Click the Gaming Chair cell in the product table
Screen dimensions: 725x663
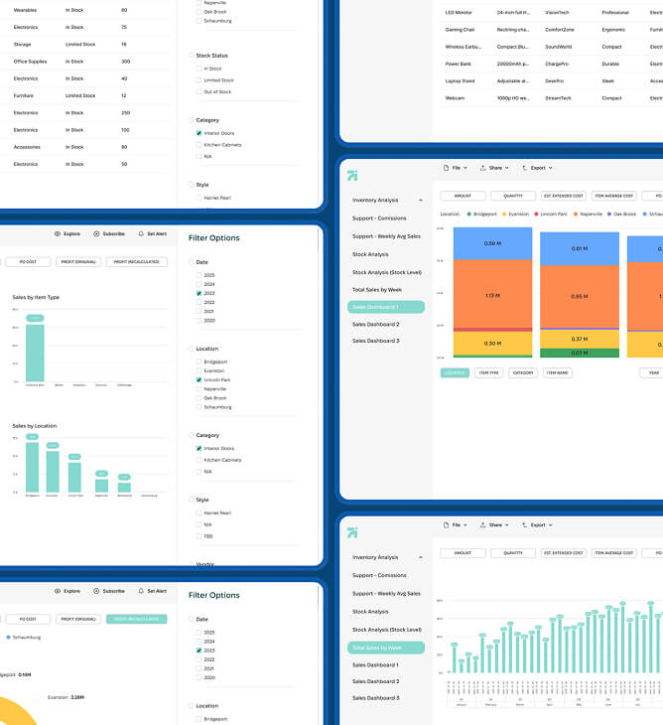click(x=460, y=30)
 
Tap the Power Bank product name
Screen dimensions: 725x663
click(x=458, y=64)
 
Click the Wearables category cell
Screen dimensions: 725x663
click(x=26, y=10)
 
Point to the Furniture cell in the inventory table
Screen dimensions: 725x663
click(x=24, y=95)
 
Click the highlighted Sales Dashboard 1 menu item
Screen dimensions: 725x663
click(x=386, y=308)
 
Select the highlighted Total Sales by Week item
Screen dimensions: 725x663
click(x=386, y=648)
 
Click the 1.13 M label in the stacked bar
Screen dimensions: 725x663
click(x=492, y=296)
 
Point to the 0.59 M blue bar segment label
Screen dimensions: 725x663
click(x=492, y=243)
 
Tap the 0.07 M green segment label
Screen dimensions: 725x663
click(x=579, y=353)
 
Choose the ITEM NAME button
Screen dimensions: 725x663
click(x=557, y=373)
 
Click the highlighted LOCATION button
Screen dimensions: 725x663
click(x=455, y=373)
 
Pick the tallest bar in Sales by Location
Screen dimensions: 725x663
click(x=32, y=467)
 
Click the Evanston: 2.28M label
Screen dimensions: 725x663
click(x=67, y=696)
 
